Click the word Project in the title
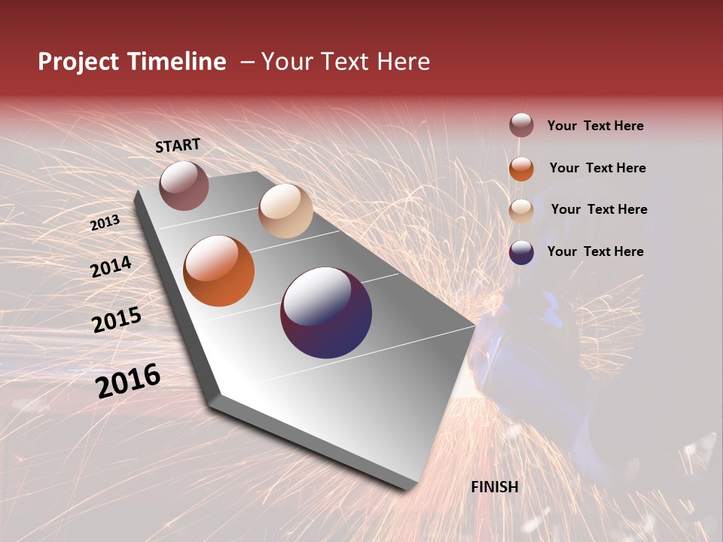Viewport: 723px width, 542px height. click(78, 62)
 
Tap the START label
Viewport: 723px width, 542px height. click(178, 145)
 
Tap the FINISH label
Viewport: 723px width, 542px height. click(494, 487)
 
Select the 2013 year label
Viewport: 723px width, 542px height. click(105, 223)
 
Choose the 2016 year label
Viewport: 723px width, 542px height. click(128, 381)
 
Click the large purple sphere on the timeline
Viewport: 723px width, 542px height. click(326, 312)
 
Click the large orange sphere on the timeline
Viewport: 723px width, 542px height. click(219, 271)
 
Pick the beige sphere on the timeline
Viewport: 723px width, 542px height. click(285, 211)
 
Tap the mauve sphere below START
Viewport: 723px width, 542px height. click(184, 185)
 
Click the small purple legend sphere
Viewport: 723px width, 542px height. click(521, 252)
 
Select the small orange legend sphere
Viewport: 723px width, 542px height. click(521, 169)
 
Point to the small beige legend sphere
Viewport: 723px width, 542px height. click(521, 210)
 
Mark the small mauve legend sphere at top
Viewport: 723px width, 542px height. click(521, 126)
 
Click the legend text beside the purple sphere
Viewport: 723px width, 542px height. click(595, 251)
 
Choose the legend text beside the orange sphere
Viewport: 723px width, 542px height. click(597, 168)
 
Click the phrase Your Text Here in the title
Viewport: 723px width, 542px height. click(345, 62)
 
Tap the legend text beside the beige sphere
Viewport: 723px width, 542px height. click(599, 209)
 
